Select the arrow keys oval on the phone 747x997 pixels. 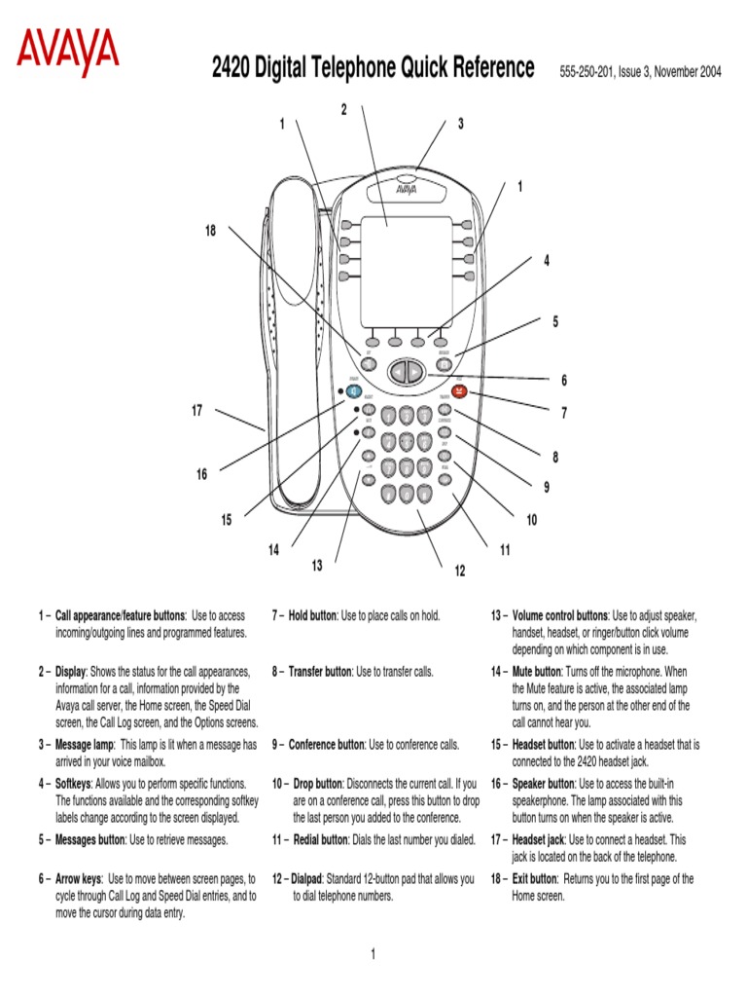[406, 372]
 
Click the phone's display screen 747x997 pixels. [406, 271]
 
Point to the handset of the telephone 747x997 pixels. [292, 341]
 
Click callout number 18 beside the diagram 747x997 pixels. [210, 230]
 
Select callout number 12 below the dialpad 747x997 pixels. [459, 571]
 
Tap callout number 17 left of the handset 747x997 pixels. [196, 411]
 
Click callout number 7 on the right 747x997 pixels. [563, 414]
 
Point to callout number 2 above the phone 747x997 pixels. [343, 109]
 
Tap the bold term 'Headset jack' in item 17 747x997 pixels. [539, 838]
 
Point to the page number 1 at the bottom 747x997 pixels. [373, 954]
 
